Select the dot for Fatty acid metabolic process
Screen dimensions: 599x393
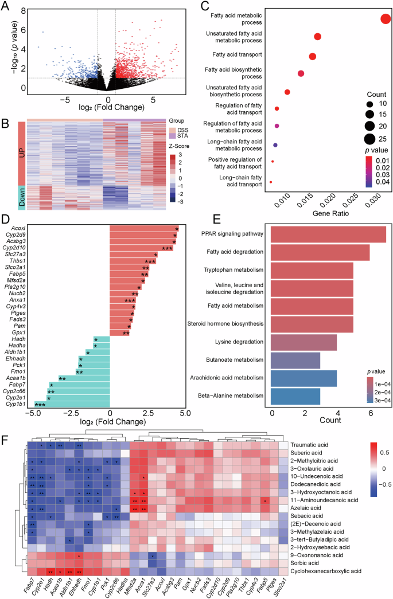[x=385, y=19]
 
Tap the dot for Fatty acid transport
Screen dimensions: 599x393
[x=313, y=56]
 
